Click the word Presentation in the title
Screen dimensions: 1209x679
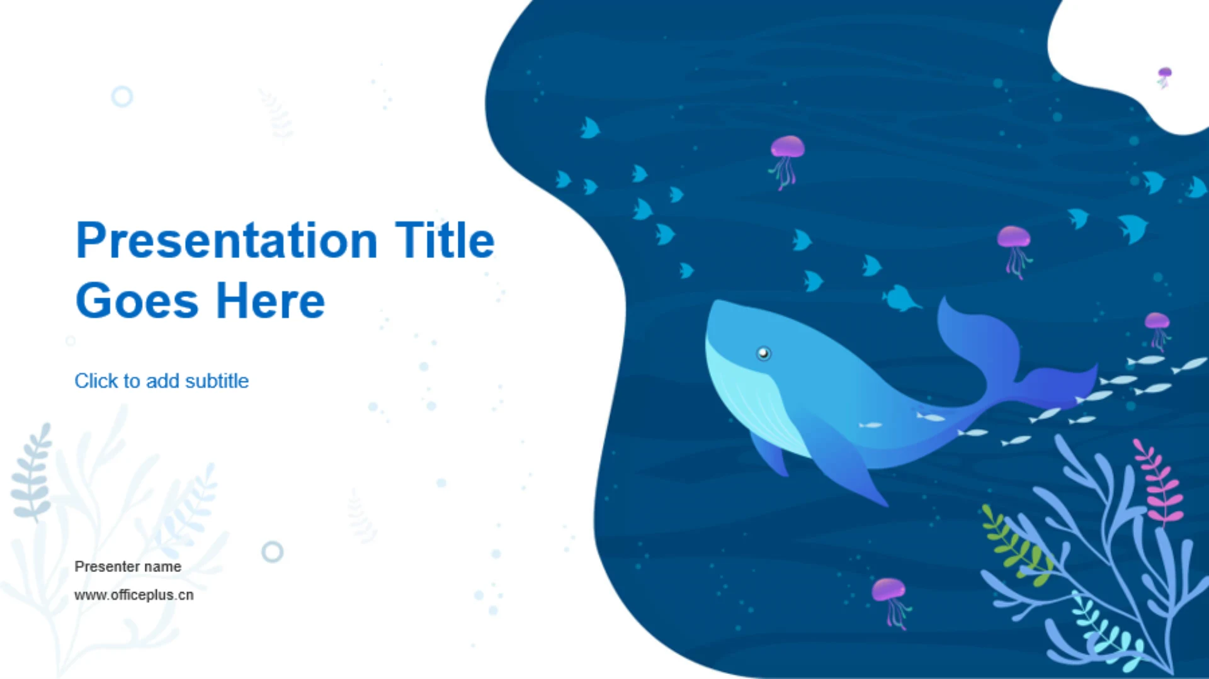[227, 241]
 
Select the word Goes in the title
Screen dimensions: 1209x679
[137, 301]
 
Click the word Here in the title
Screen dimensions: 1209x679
[271, 301]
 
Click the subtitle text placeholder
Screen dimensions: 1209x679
[162, 381]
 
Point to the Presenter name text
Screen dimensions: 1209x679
[128, 566]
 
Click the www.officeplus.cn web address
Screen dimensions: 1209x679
[134, 595]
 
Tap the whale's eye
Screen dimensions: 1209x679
[763, 353]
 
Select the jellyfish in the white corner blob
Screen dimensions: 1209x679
[1164, 77]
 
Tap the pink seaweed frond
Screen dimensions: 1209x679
[1159, 481]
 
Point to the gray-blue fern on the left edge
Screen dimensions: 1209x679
[31, 472]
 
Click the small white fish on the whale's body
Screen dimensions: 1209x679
[871, 425]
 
